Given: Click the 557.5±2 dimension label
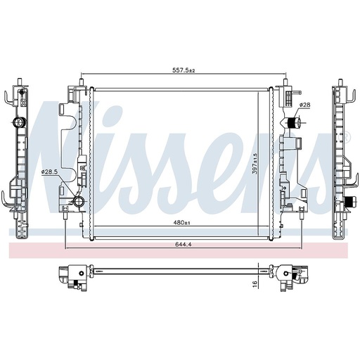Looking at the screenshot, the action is click(184, 70).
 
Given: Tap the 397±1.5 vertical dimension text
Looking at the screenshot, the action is click(255, 164).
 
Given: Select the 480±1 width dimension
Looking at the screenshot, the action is click(181, 223).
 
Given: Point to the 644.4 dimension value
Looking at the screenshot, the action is click(184, 245).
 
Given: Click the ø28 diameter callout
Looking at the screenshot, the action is click(305, 105).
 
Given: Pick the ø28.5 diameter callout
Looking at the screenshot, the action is click(49, 172).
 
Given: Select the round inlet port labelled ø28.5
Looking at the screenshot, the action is click(77, 201).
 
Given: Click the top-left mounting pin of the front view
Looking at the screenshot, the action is click(82, 82).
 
